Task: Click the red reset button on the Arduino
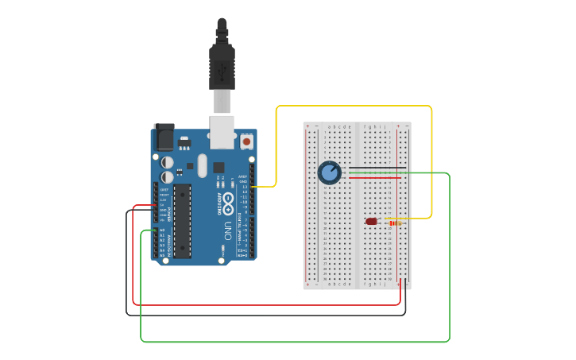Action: coord(246,141)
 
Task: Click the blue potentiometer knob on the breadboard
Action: coord(329,172)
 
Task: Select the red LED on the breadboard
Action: coord(371,222)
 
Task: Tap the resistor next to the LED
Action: coord(395,223)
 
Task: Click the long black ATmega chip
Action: coord(183,221)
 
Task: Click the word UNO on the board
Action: coord(228,230)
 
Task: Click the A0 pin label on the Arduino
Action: coord(162,230)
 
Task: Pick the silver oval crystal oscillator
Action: coord(203,165)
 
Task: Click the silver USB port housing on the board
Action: coord(222,132)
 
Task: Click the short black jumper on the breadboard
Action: coord(373,168)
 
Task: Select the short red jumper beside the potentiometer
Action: coord(373,178)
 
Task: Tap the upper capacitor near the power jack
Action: coord(167,162)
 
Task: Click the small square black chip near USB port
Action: coord(218,167)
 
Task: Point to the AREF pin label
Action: coord(243,177)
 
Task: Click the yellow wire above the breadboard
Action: coord(354,106)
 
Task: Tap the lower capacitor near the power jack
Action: coord(167,177)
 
